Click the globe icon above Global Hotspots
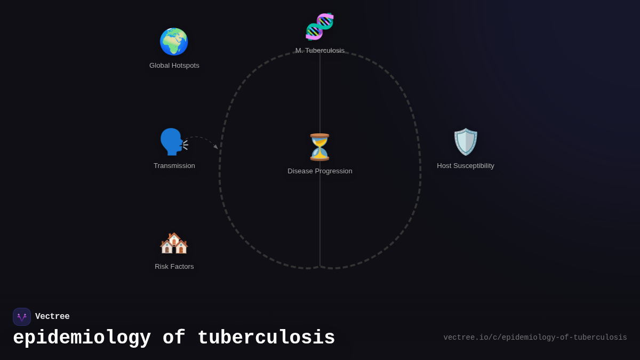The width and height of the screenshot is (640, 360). (174, 42)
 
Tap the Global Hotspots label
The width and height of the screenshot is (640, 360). (174, 66)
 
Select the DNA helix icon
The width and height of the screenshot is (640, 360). (319, 27)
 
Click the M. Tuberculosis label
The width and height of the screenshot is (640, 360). (320, 51)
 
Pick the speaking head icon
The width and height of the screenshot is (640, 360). (173, 142)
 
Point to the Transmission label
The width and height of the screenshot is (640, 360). (174, 166)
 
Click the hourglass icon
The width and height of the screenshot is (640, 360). (319, 147)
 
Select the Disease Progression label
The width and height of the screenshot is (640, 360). (320, 171)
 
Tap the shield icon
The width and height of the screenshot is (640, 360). (466, 142)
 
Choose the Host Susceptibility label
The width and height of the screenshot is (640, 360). (466, 166)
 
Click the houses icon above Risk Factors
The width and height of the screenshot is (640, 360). (174, 243)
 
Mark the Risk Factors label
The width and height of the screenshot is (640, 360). (174, 267)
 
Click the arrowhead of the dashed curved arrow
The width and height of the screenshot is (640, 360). (215, 147)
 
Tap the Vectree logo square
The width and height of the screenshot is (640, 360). (22, 317)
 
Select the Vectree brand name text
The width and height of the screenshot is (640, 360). (52, 317)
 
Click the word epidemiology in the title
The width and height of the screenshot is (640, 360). (82, 338)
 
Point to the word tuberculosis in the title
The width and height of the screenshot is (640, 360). (266, 338)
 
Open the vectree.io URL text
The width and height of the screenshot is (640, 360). (535, 338)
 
